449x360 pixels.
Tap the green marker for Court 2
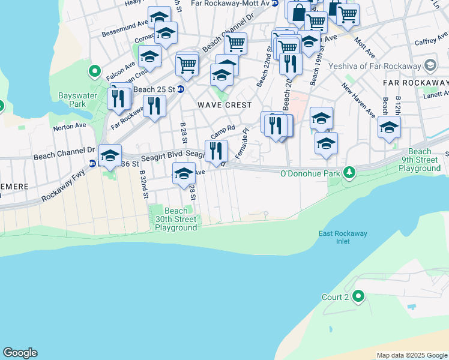coord(358,296)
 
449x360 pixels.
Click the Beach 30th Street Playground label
coord(176,219)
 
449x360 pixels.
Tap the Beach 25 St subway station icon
coord(181,89)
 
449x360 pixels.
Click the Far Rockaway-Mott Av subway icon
coord(275,3)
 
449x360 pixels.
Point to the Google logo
coord(20,353)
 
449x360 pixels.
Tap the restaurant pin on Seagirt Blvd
coord(216,150)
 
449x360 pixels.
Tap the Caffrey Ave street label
coord(430,43)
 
